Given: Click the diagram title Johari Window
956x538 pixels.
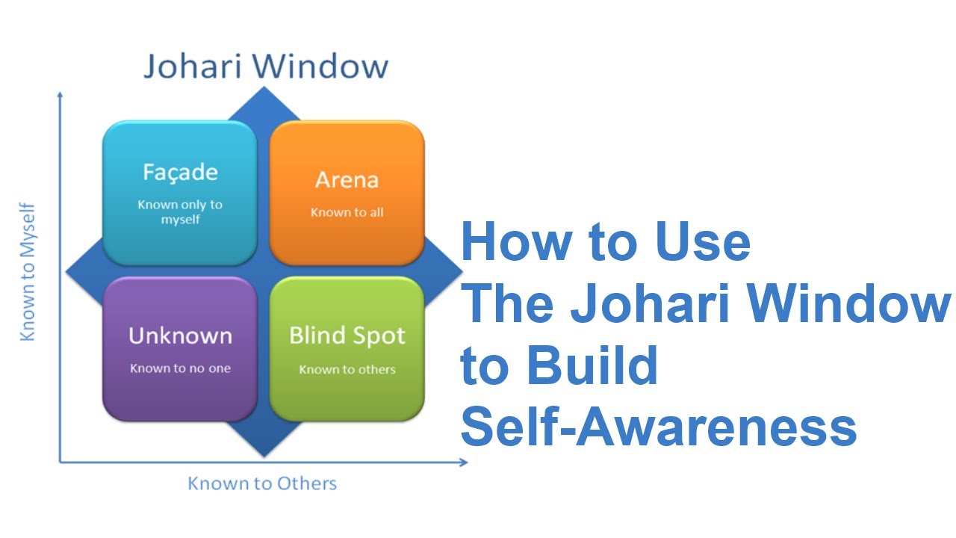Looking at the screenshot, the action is [266, 67].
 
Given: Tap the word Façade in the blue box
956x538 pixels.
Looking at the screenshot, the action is [180, 173].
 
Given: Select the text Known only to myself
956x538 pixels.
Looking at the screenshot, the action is [180, 211].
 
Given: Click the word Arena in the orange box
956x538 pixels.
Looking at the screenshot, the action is [347, 180].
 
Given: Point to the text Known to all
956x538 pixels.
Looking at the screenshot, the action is [347, 212].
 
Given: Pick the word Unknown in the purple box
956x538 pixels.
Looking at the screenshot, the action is [180, 336].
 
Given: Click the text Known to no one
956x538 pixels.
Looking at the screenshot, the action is [180, 368].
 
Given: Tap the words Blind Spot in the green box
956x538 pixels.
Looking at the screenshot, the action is [347, 336].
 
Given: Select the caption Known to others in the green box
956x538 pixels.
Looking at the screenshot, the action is [347, 369].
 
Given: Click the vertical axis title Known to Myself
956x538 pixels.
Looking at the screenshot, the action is [28, 272].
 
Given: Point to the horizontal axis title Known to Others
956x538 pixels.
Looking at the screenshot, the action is [262, 483].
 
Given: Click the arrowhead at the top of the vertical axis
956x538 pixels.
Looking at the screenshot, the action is [60, 94].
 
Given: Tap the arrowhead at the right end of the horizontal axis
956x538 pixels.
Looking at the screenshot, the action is [465, 462].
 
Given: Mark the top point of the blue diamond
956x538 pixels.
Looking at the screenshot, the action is [264, 87].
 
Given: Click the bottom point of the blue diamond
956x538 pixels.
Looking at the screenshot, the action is [264, 456].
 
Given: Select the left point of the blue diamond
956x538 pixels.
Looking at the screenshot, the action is [66, 271].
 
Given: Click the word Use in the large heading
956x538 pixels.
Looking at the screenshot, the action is [703, 241].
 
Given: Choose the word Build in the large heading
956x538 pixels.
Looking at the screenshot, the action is [592, 365].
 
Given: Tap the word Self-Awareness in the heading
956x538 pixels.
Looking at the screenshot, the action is [659, 427].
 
